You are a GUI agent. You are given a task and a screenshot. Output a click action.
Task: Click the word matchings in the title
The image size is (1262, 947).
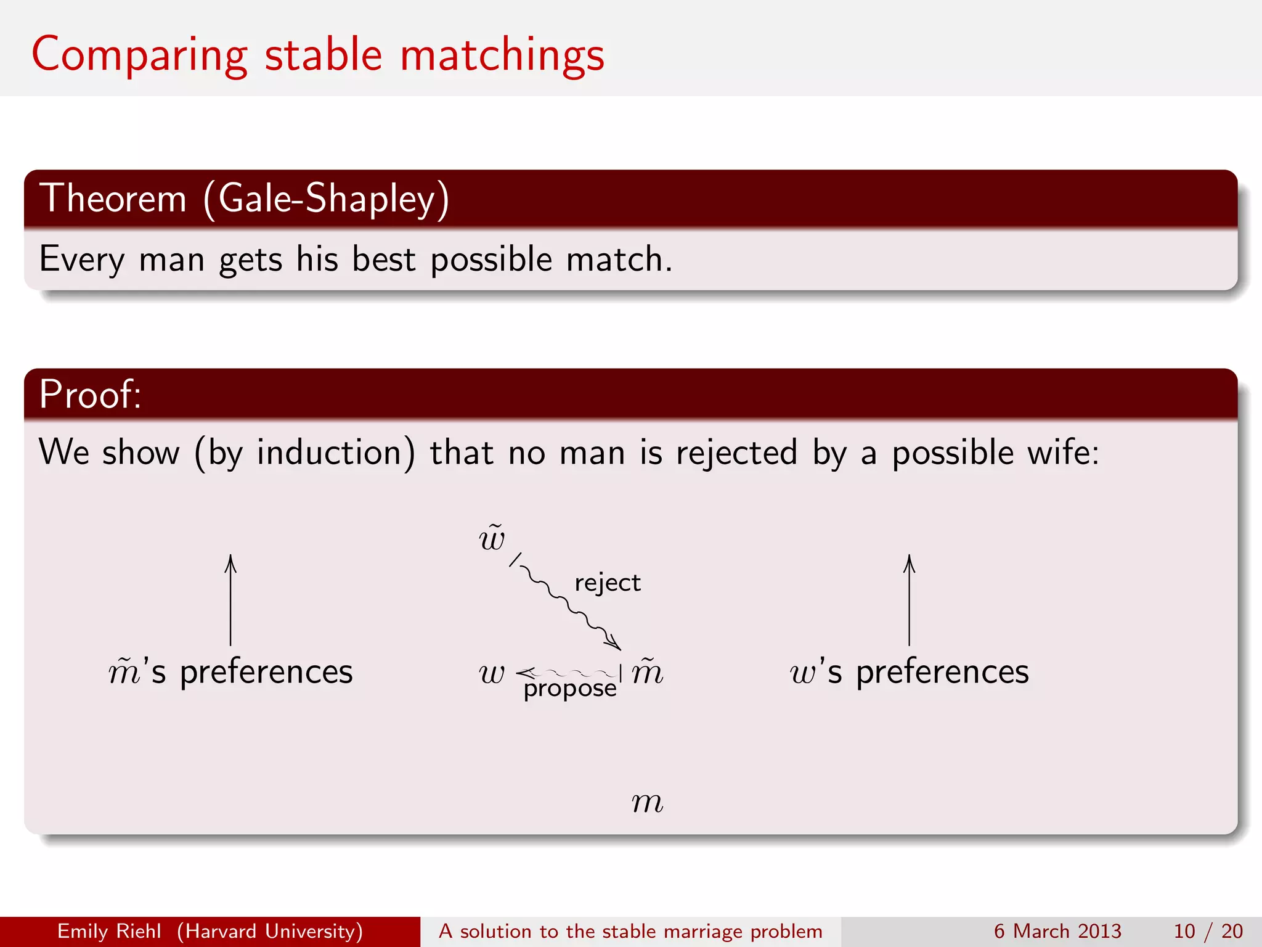coord(502,55)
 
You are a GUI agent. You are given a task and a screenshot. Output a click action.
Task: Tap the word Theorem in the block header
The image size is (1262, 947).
coord(113,199)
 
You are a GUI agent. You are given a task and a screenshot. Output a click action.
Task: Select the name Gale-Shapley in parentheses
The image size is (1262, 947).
coord(327,199)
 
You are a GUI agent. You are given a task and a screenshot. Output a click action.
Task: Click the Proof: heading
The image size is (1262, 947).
coord(90,394)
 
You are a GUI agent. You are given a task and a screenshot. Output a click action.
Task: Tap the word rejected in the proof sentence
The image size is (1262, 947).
coord(736,453)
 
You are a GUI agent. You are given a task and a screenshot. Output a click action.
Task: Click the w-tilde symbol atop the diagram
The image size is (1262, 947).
coord(492,538)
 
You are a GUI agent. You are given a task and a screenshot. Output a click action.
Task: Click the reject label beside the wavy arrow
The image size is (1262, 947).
coord(608,583)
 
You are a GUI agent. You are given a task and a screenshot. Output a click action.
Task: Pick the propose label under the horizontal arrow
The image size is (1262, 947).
coord(570,688)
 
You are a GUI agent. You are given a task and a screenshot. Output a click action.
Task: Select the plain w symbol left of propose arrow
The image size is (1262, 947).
coord(492,673)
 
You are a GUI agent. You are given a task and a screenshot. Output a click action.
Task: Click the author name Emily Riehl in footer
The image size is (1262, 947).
coord(109,931)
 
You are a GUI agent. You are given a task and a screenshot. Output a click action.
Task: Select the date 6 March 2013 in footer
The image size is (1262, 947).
coord(1057,931)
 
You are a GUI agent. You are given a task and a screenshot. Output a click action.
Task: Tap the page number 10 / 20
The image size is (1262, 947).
coord(1208,931)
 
